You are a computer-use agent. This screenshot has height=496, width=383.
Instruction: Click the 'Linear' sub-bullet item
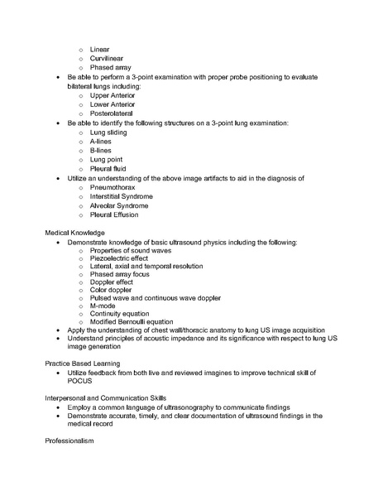click(100, 50)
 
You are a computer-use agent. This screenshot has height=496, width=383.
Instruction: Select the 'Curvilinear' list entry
click(107, 59)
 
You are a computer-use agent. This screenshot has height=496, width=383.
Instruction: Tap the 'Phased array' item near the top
click(110, 68)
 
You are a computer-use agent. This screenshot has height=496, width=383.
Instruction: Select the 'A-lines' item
click(102, 142)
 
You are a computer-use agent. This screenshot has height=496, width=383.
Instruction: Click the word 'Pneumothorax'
click(112, 187)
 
